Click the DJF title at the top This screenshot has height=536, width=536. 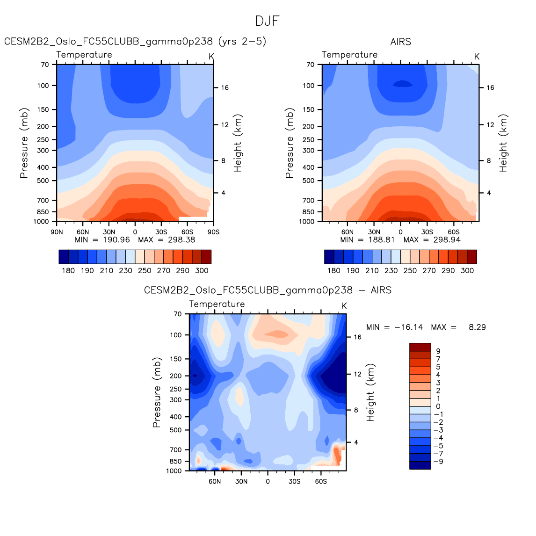point(268,21)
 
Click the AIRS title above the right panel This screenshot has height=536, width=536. point(400,42)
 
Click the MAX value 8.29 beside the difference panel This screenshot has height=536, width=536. point(477,327)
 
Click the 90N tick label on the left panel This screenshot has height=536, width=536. point(57,232)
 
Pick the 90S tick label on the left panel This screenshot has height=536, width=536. point(213,232)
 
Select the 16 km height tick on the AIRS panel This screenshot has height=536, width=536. point(490,87)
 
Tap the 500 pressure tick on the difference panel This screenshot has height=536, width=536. point(176,430)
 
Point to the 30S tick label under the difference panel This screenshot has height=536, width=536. point(294,481)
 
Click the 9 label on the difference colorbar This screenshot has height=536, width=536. point(438,351)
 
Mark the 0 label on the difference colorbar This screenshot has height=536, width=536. point(438,406)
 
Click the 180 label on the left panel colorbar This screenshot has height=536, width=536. point(68,270)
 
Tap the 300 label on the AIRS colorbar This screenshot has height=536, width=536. point(467,270)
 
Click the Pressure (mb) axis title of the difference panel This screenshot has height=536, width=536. point(157,393)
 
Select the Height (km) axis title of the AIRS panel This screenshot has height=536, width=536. point(503,143)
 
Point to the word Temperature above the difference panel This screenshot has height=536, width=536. point(217,304)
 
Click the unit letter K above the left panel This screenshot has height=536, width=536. point(211,57)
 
